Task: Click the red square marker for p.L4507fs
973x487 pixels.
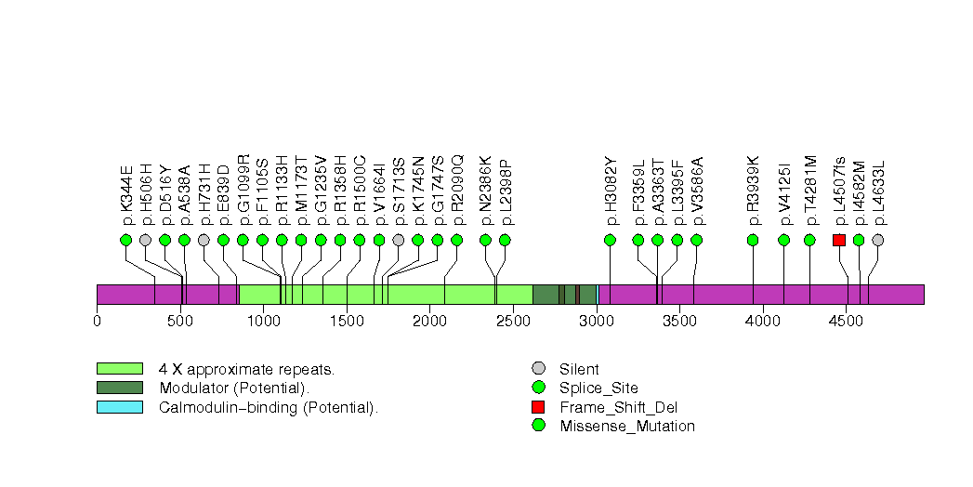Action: (839, 240)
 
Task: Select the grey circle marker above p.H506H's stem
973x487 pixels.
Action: (145, 240)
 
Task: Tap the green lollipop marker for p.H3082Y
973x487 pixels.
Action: (610, 240)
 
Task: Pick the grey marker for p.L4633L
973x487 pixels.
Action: (878, 240)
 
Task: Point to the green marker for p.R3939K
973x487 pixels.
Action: (753, 240)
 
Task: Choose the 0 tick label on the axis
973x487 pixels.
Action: (97, 322)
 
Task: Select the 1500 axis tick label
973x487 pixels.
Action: (347, 322)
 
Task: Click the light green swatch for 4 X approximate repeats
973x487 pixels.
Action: (119, 369)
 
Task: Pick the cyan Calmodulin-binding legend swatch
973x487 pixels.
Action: (119, 407)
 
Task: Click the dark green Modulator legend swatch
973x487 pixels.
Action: (119, 388)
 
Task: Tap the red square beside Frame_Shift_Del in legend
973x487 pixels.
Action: (537, 407)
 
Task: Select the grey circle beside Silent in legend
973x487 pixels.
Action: (537, 369)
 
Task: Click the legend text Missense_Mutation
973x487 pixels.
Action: (627, 427)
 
